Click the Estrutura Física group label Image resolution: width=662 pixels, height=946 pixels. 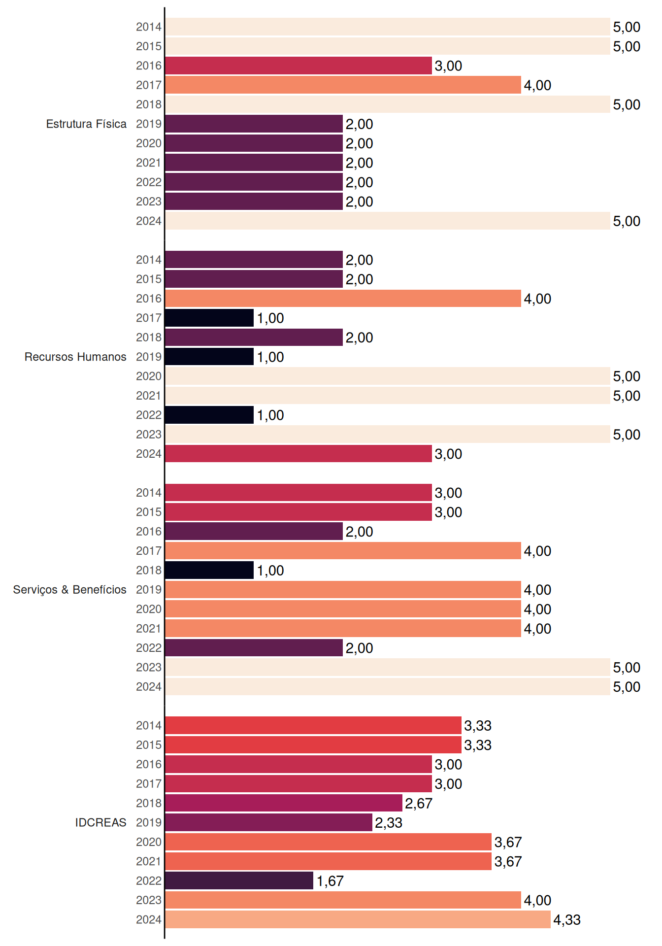pos(86,124)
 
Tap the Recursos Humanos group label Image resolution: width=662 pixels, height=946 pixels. pos(75,357)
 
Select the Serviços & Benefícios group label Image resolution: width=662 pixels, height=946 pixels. pos(69,590)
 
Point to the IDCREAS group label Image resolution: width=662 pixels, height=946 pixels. pos(100,822)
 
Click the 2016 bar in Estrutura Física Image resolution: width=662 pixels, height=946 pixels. pos(298,66)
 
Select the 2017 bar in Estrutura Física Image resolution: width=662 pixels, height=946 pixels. pos(343,85)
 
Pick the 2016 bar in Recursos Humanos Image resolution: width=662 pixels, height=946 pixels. pos(343,299)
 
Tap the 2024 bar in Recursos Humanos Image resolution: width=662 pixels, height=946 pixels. pos(298,454)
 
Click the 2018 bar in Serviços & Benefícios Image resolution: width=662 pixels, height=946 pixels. pos(209,570)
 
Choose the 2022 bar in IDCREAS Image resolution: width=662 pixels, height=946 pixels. pos(239,880)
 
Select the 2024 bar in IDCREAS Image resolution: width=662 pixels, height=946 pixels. pos(358,919)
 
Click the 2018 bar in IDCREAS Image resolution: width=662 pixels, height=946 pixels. pos(284,803)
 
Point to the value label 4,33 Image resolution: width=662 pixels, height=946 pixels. pos(567,920)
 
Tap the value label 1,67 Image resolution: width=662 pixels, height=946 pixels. pos(330,881)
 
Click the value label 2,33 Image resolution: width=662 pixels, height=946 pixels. pos(389,823)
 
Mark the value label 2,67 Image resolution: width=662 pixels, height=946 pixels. pos(419,804)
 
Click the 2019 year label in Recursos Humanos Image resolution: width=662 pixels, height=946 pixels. pos(149,357)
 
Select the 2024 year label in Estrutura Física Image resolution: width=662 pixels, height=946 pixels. pos(149,221)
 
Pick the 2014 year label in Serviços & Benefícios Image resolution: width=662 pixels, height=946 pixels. pos(149,493)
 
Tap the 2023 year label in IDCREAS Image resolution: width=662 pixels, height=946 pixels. pos(149,900)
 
